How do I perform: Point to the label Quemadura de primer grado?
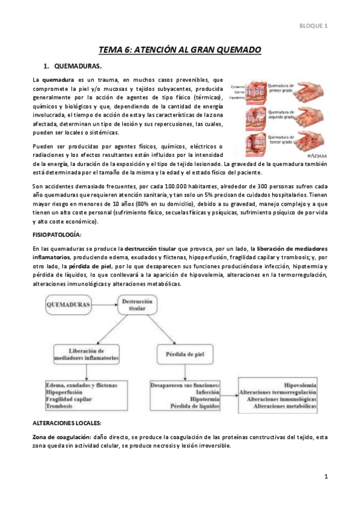coord(282,88)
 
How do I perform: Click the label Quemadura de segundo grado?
coord(283,114)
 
